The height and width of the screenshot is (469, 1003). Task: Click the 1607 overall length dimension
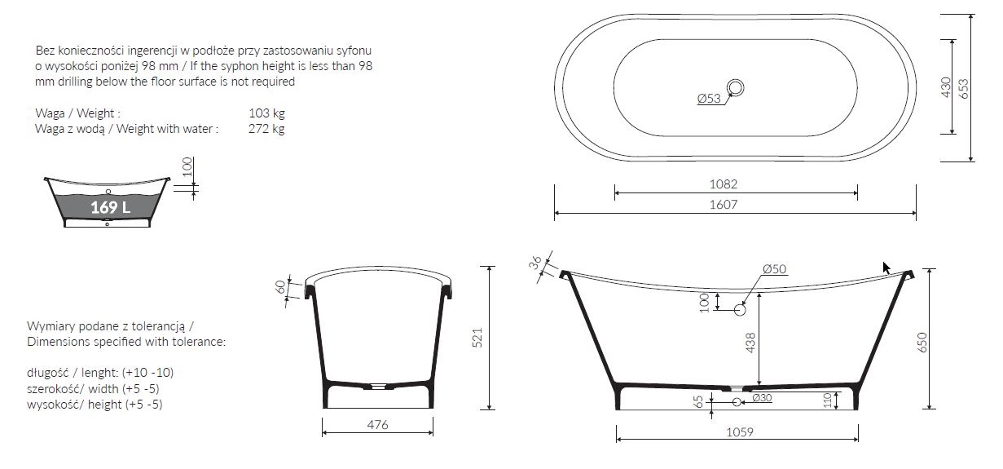(724, 205)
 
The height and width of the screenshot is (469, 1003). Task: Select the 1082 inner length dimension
(724, 184)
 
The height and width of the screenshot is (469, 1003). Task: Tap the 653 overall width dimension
(963, 88)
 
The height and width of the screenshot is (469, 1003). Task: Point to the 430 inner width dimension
(945, 87)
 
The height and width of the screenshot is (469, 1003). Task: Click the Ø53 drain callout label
(709, 98)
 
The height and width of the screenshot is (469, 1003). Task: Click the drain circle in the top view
(735, 88)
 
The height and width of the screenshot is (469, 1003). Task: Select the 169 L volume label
(110, 207)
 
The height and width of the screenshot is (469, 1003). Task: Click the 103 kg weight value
(266, 113)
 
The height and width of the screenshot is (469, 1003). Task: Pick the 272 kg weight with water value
(266, 129)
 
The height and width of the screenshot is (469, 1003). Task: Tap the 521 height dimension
(477, 338)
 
